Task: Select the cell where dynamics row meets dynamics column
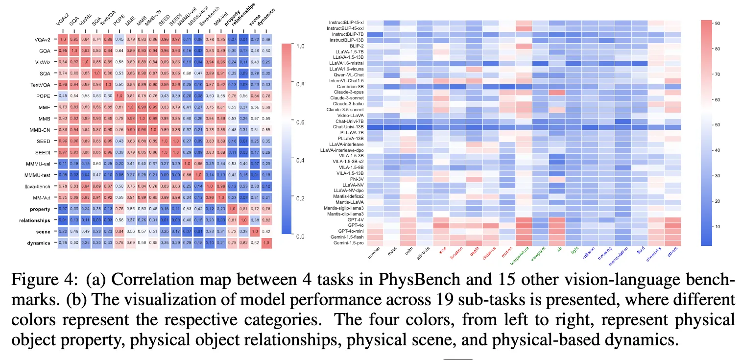(x=267, y=242)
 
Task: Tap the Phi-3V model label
(x=354, y=179)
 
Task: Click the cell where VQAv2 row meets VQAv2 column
(x=63, y=39)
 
